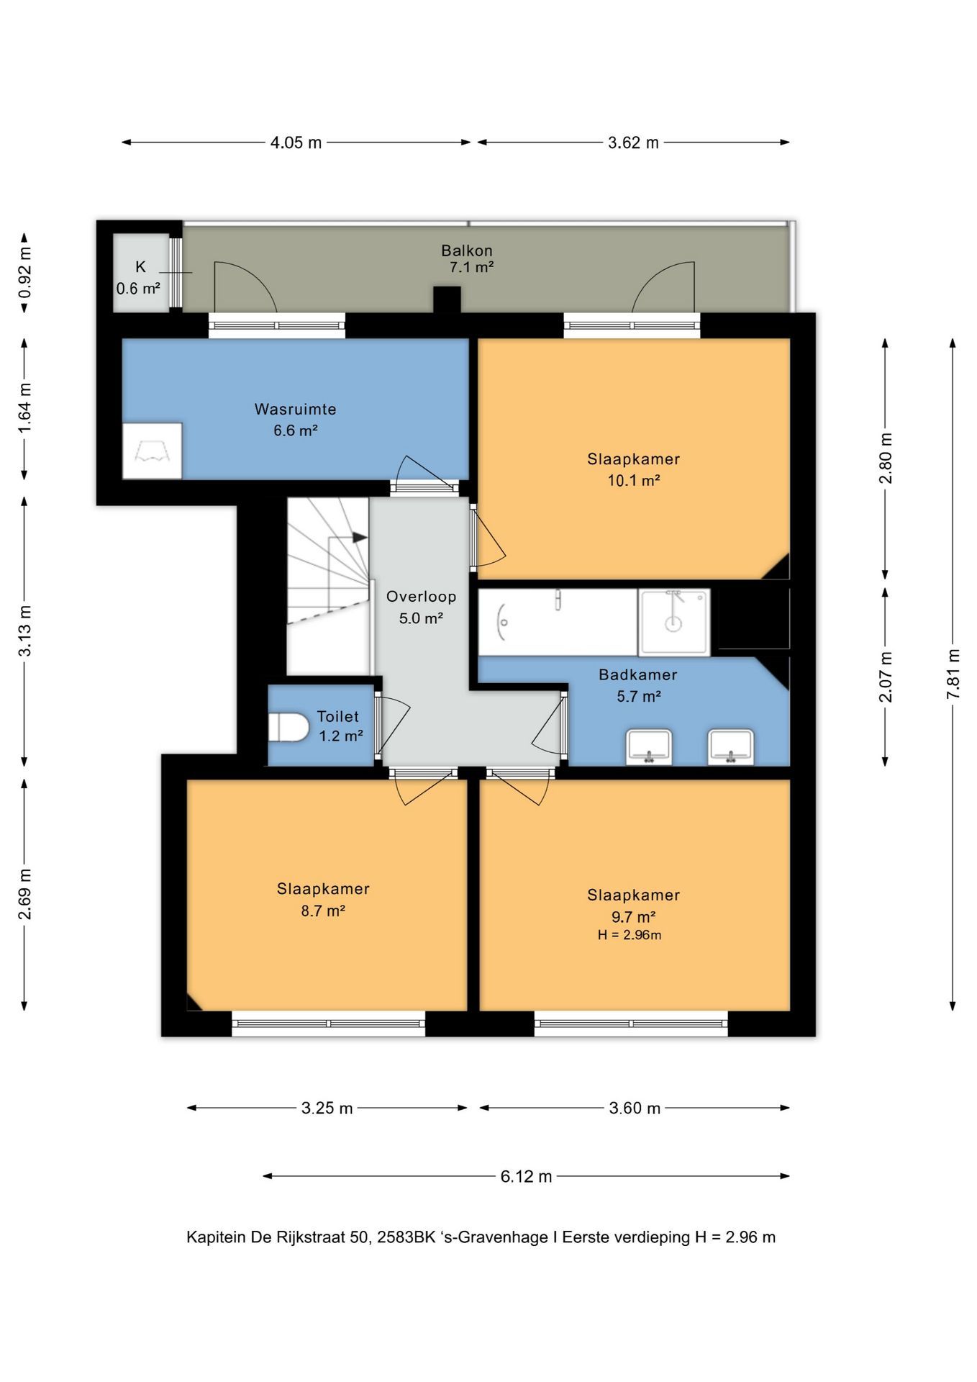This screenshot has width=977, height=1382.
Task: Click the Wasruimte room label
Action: pos(295,409)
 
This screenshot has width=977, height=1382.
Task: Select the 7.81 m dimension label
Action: pos(953,674)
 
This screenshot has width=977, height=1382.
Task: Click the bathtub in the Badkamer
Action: pos(558,623)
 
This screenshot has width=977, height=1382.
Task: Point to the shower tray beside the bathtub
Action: pos(674,623)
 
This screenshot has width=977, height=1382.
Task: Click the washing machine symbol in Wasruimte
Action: pos(152,451)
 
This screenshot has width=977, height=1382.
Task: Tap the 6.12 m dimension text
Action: pos(527,1176)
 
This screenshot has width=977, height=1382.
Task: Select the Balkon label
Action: pos(467,250)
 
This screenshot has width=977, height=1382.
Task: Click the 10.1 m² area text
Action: pos(634,480)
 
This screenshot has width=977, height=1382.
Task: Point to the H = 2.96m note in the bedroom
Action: pos(630,935)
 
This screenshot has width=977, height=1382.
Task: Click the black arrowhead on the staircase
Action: pos(360,537)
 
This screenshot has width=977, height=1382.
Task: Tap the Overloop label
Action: pos(422,596)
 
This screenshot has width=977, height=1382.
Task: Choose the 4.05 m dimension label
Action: pos(296,143)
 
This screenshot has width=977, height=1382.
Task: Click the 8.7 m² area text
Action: pos(323,911)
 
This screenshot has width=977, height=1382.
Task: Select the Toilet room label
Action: pos(338,716)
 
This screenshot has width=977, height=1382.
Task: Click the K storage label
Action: pos(140,267)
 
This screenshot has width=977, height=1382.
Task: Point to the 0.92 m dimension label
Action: pos(25,273)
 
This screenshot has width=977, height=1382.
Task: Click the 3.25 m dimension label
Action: pos(327,1108)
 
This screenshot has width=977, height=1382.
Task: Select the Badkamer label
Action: pos(638,674)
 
